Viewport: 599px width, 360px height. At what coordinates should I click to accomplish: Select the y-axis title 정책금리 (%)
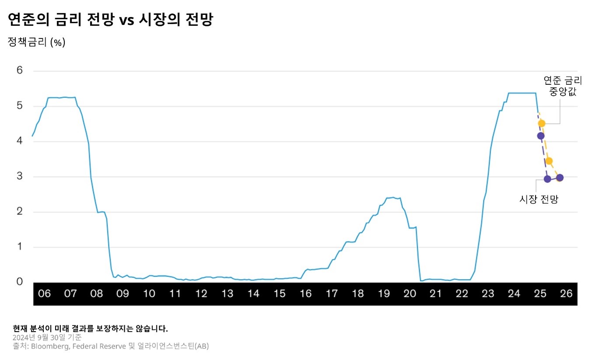(x=36, y=42)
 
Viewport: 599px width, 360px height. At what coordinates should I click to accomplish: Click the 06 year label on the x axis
(x=44, y=294)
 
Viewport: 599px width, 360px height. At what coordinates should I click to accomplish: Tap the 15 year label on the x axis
(x=279, y=294)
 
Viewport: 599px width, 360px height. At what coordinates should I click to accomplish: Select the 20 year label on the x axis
(x=410, y=294)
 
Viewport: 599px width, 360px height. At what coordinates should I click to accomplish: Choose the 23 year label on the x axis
(x=488, y=294)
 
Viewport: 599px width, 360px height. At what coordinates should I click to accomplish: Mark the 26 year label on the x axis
(x=566, y=294)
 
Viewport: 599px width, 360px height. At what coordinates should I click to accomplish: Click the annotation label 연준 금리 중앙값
(x=560, y=86)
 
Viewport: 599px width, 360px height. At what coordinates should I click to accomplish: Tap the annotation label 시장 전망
(x=539, y=199)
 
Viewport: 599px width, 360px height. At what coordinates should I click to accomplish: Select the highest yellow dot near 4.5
(x=542, y=123)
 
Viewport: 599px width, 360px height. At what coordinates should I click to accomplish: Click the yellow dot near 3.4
(x=549, y=161)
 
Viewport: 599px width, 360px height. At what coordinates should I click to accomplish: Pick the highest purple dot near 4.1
(x=541, y=136)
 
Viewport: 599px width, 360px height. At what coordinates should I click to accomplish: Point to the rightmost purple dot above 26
(x=560, y=177)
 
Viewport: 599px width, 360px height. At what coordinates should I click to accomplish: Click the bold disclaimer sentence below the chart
(x=91, y=329)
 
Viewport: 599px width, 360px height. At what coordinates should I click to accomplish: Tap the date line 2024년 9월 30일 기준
(x=47, y=337)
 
